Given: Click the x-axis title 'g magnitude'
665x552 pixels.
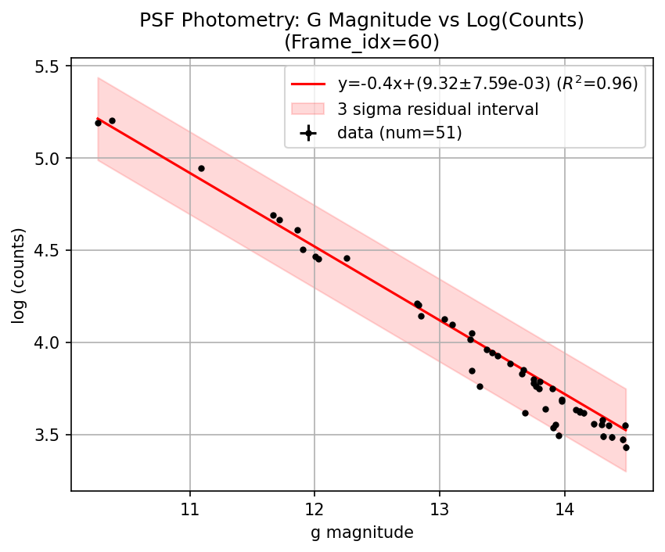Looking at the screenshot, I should click(362, 532).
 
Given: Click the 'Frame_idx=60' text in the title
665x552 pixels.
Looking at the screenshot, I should click(362, 41).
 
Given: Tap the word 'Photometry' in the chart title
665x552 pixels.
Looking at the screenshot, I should click(221, 21).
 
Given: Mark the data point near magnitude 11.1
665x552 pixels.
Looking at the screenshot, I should click(201, 168).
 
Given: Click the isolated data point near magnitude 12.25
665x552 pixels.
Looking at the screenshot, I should click(347, 258).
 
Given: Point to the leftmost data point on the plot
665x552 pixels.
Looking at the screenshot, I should click(98, 123).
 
